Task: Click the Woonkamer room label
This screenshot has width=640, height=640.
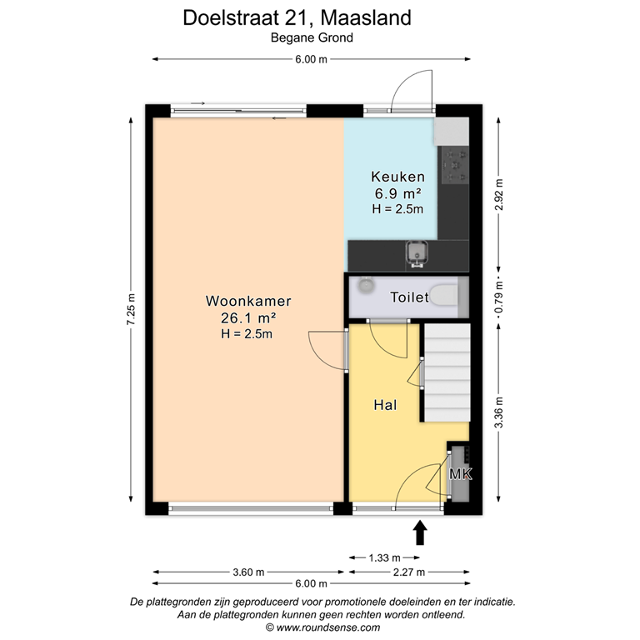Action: (x=248, y=301)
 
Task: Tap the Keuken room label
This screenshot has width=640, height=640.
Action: (x=397, y=177)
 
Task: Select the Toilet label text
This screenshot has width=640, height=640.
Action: (x=409, y=297)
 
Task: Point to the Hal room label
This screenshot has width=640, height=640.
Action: (x=384, y=406)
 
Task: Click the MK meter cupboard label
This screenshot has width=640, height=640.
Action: (x=460, y=475)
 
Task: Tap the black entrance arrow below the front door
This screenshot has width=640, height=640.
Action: (x=420, y=531)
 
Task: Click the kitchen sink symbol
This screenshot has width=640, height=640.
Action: (x=415, y=252)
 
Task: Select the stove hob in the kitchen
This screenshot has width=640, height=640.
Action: (x=455, y=165)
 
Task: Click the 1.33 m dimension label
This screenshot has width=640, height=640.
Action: (x=384, y=557)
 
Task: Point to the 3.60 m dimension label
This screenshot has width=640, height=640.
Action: (x=248, y=572)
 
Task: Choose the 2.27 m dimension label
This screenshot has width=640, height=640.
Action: (x=408, y=572)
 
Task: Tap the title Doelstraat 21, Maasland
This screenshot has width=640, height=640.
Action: (x=297, y=17)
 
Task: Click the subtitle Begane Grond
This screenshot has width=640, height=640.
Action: (x=312, y=37)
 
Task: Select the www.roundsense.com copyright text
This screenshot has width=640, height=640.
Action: (x=322, y=627)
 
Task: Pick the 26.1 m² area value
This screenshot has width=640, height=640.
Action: (x=248, y=317)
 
